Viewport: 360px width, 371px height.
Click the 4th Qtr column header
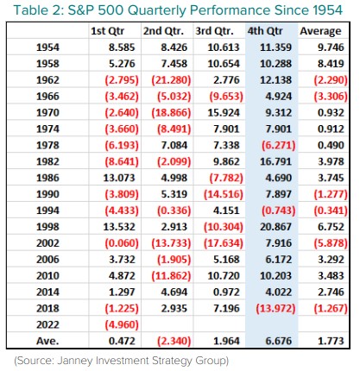[x=265, y=31]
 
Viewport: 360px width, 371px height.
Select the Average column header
[x=320, y=31]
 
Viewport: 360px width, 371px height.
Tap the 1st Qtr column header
[x=107, y=31]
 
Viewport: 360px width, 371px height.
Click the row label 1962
[x=47, y=80]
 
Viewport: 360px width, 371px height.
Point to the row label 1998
[x=47, y=227]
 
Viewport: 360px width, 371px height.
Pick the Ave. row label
[x=47, y=341]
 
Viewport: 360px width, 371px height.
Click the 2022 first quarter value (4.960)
[x=122, y=324]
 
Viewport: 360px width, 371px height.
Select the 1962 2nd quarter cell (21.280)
[x=171, y=80]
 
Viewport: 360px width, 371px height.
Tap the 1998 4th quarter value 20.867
[x=275, y=227]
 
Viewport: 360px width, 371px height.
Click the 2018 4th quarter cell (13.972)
[x=275, y=308]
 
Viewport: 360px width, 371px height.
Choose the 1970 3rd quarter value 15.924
[x=224, y=112]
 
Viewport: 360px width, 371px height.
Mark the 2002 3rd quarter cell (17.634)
[x=224, y=243]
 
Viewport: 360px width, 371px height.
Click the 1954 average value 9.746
[x=331, y=47]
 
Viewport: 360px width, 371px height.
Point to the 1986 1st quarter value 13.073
[x=119, y=178]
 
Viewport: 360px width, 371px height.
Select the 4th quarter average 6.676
[x=279, y=341]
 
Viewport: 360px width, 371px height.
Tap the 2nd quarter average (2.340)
[x=174, y=341]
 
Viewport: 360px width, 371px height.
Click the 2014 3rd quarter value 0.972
[x=226, y=292]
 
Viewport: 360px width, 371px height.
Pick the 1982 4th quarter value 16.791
[x=275, y=161]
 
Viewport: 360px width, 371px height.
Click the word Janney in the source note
[x=75, y=361]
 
